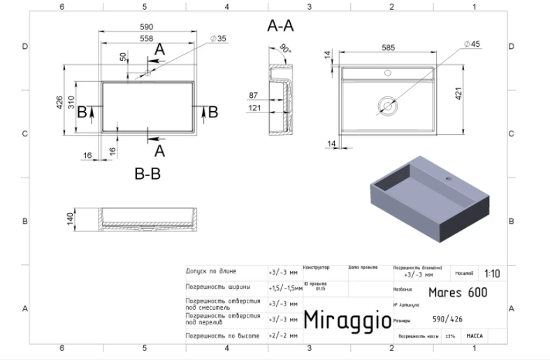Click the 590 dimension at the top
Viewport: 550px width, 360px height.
pyautogui.click(x=147, y=27)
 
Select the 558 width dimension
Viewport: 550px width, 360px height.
pyautogui.click(x=147, y=38)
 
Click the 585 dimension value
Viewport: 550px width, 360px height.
pyautogui.click(x=389, y=48)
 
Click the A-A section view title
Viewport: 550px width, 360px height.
pyautogui.click(x=280, y=27)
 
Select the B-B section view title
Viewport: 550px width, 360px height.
pyautogui.click(x=147, y=175)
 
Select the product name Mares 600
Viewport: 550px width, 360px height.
pyautogui.click(x=457, y=292)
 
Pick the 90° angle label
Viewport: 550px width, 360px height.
pyautogui.click(x=284, y=50)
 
